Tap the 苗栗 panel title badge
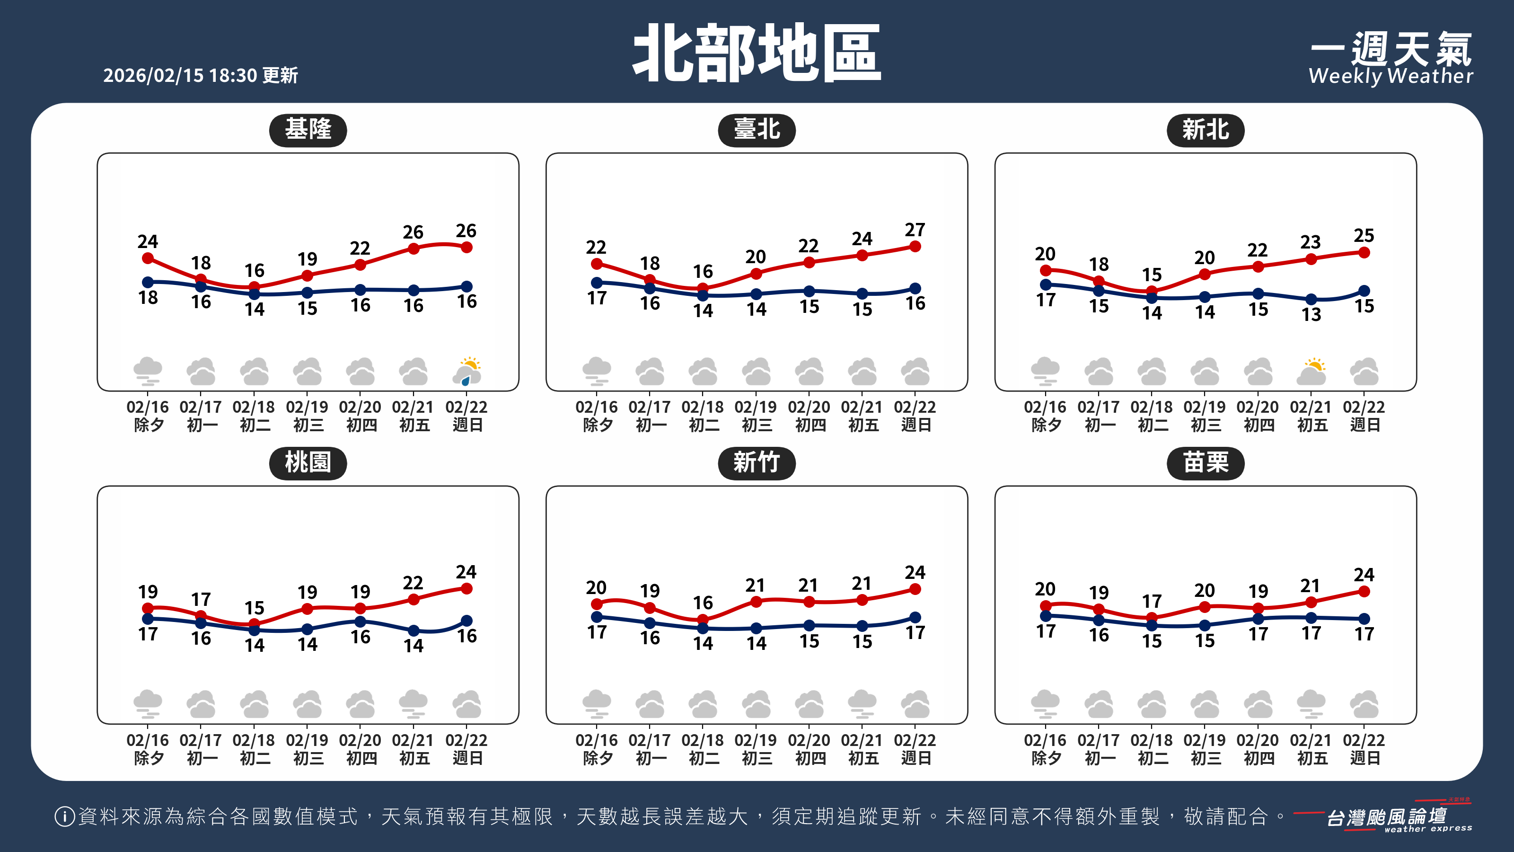click(1206, 463)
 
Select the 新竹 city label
click(757, 463)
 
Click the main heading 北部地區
click(757, 54)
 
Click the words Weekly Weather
click(1391, 76)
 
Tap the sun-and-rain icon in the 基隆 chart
click(467, 371)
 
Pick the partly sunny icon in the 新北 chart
click(1311, 371)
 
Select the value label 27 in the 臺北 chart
click(915, 229)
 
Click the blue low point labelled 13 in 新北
click(1311, 299)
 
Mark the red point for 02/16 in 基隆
click(148, 258)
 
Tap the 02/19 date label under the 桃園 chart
click(307, 740)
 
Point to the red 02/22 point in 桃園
click(467, 588)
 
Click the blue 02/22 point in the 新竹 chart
click(915, 617)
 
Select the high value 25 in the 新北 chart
click(1364, 236)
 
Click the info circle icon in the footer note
click(64, 816)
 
